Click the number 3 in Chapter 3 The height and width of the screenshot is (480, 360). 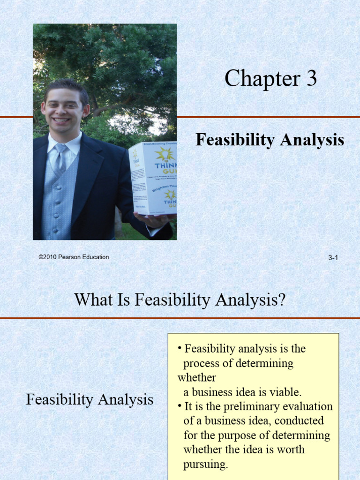pyautogui.click(x=311, y=79)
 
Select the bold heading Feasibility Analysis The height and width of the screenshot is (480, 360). pyautogui.click(x=270, y=140)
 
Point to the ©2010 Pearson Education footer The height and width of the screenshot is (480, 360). pyautogui.click(x=74, y=257)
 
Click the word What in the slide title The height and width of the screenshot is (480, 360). pyautogui.click(x=94, y=299)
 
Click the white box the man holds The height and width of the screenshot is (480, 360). pyautogui.click(x=152, y=178)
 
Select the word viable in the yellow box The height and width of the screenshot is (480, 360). pyautogui.click(x=285, y=392)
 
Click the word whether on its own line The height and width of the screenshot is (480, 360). pyautogui.click(x=196, y=378)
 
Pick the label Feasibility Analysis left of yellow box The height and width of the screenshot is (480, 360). pyautogui.click(x=90, y=399)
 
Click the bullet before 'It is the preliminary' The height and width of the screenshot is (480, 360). pyautogui.click(x=180, y=406)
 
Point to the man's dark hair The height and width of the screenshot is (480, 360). pyautogui.click(x=66, y=87)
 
